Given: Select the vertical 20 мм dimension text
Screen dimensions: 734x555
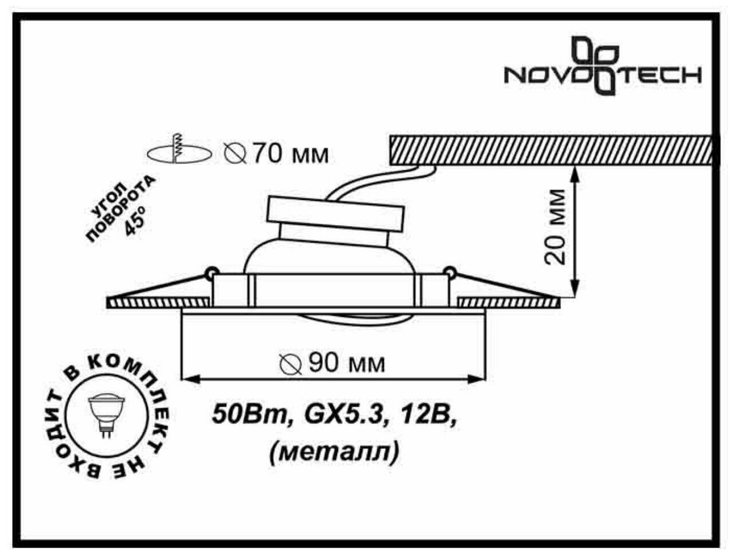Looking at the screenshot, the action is [x=555, y=227].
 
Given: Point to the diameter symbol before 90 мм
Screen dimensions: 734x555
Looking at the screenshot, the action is [x=291, y=364].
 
